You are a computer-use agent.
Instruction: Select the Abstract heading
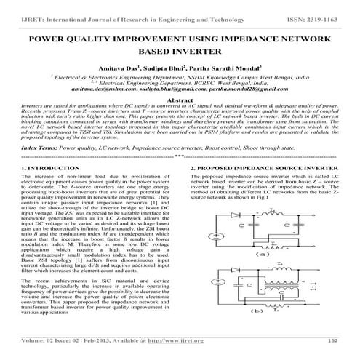(180, 97)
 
